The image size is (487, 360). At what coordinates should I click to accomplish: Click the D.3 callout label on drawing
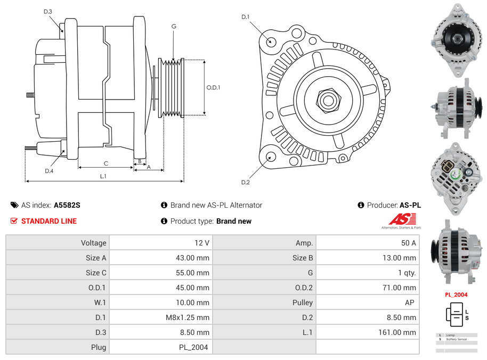click(x=47, y=11)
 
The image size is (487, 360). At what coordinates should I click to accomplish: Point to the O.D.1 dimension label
click(x=213, y=88)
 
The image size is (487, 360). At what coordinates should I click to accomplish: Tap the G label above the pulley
click(x=174, y=26)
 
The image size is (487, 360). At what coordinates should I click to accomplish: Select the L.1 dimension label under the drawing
click(x=103, y=176)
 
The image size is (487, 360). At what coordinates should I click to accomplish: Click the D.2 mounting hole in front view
click(x=271, y=156)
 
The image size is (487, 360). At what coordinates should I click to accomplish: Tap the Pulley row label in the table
click(x=302, y=302)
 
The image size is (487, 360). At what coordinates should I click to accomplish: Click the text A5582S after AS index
click(x=67, y=205)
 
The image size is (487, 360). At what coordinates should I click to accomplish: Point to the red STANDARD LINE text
click(x=49, y=221)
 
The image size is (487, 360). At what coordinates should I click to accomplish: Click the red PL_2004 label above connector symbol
click(x=456, y=294)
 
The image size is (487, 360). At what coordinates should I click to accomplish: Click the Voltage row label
click(x=94, y=243)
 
